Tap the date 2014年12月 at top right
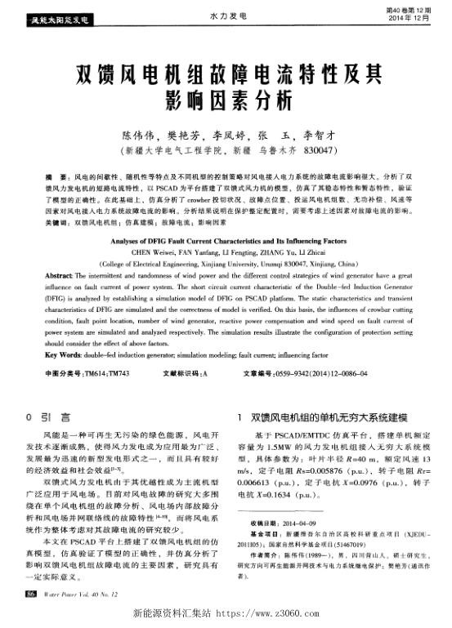408,17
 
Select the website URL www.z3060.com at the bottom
271,611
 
